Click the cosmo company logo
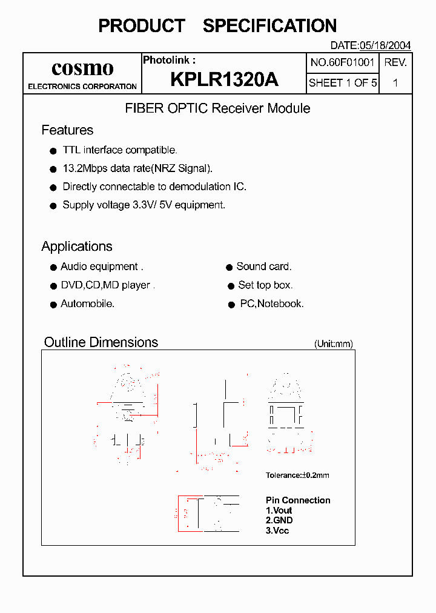tap(82, 68)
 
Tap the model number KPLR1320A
tap(224, 79)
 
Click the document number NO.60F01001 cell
tap(343, 62)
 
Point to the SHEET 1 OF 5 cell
tap(343, 83)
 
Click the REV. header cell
tap(395, 62)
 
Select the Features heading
tap(67, 130)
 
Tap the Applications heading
tap(77, 247)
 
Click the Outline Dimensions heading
tap(101, 342)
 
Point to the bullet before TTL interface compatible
tap(53, 151)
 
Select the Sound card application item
tap(263, 267)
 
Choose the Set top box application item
tap(265, 285)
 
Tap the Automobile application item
tap(87, 303)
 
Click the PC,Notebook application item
tap(272, 304)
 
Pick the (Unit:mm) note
tap(333, 344)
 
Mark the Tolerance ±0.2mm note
tap(297, 475)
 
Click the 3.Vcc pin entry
tap(277, 531)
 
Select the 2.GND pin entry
tap(279, 520)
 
